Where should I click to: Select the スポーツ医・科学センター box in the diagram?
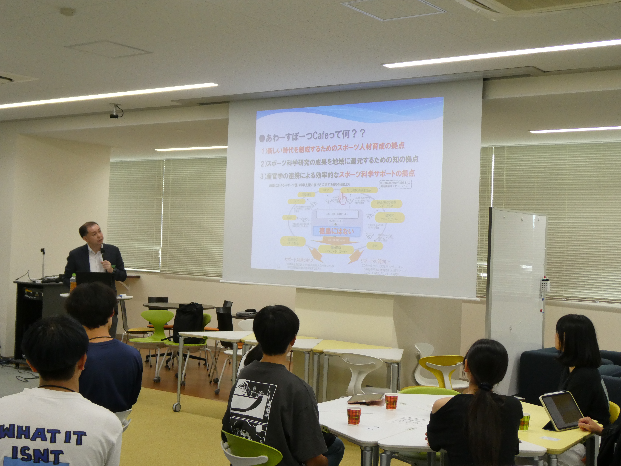[337, 214]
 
